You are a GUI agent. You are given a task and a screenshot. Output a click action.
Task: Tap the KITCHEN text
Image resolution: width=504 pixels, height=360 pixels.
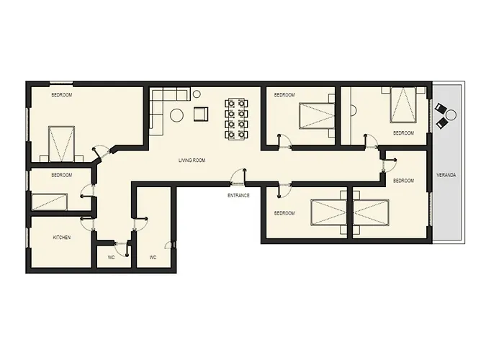tap(61, 238)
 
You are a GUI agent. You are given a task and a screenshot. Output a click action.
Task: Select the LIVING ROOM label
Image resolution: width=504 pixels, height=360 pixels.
tap(192, 161)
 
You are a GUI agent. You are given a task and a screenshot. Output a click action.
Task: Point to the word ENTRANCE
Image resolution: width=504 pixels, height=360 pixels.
tap(238, 195)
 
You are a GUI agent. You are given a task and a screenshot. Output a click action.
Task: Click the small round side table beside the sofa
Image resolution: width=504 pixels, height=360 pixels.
tap(198, 93)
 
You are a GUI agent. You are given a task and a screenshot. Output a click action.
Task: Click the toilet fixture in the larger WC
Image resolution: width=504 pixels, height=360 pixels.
tap(168, 245)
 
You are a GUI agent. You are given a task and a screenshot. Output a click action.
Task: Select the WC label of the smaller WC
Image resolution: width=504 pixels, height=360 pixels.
tap(112, 257)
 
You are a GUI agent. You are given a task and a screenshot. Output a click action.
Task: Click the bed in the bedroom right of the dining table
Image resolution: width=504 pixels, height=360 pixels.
tap(315, 114)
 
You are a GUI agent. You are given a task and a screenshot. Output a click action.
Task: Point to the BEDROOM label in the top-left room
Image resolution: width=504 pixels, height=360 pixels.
tap(61, 94)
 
